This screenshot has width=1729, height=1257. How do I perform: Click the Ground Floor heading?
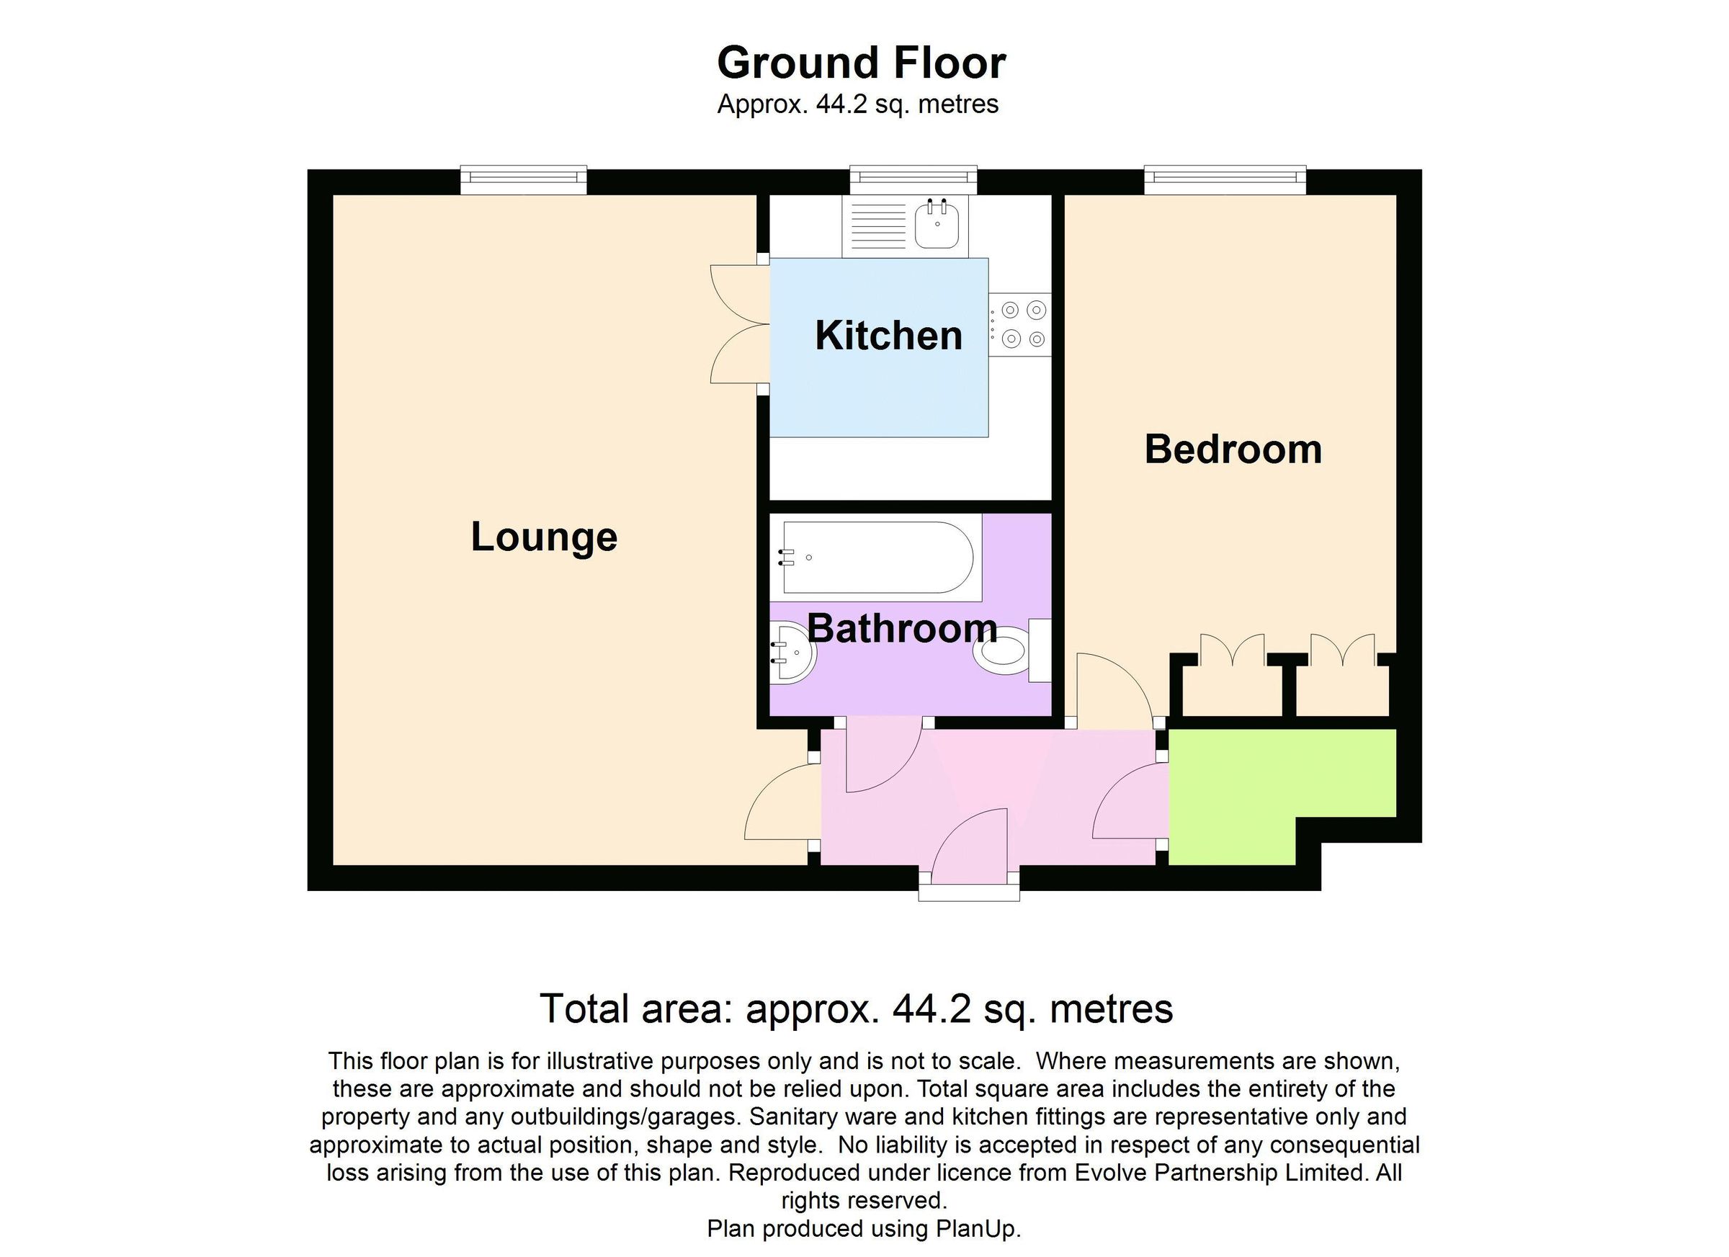click(x=861, y=63)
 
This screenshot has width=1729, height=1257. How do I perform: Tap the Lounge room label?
click(x=543, y=537)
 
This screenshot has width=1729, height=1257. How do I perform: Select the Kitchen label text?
click(x=888, y=336)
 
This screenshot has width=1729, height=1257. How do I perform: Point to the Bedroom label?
click(x=1233, y=449)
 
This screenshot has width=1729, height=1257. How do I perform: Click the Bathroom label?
click(x=902, y=628)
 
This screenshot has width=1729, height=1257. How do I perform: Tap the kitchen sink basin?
click(x=936, y=223)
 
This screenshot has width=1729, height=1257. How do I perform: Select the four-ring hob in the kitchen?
click(x=1021, y=324)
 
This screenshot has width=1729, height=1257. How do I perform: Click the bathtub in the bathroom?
click(x=877, y=558)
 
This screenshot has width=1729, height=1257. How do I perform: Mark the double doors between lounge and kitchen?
click(x=738, y=324)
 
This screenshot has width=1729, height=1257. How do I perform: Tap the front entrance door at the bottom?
click(x=970, y=850)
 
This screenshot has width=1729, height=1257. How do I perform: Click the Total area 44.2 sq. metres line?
click(x=855, y=1009)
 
